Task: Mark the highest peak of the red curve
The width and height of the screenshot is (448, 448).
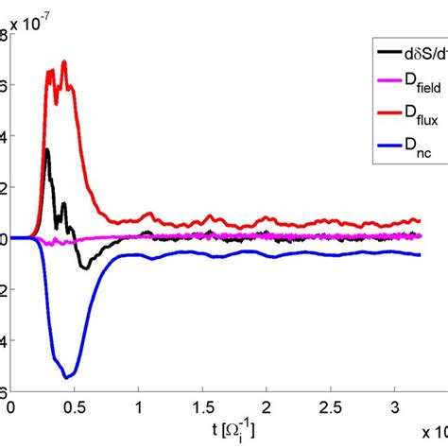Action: click(x=64, y=62)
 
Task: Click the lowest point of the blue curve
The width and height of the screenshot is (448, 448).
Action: click(x=66, y=377)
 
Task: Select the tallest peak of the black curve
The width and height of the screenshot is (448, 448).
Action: click(x=46, y=149)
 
